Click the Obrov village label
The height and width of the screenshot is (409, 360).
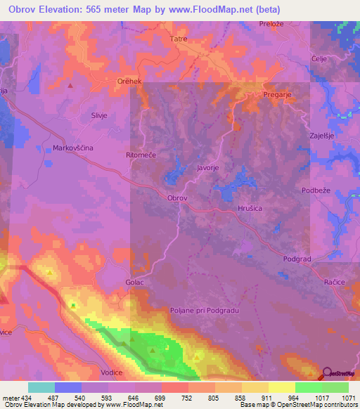pyautogui.click(x=177, y=198)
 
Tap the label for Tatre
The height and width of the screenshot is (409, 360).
pyautogui.click(x=179, y=39)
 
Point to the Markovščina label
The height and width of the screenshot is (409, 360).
pyautogui.click(x=73, y=148)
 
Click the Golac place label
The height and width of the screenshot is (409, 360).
pyautogui.click(x=135, y=283)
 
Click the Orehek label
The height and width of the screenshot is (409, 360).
pyautogui.click(x=130, y=81)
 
